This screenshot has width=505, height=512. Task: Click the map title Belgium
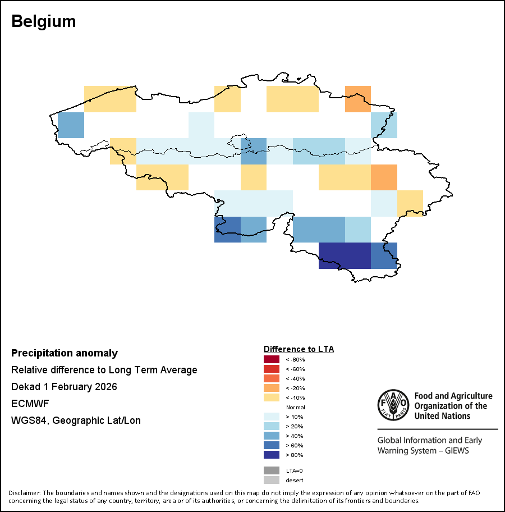[x=44, y=22]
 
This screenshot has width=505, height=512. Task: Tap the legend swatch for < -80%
[x=272, y=359]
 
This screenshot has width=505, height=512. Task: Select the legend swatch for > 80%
[x=272, y=455]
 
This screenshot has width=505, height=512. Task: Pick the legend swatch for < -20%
[x=272, y=388]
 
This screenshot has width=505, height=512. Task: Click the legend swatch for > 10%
[x=272, y=417]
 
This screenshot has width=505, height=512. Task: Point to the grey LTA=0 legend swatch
[x=272, y=470]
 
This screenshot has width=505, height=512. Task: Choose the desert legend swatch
[x=272, y=480]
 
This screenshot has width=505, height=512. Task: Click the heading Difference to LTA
[x=299, y=349]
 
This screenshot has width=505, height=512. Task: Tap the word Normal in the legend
[x=295, y=407]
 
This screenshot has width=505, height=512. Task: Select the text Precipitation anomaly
[x=65, y=353]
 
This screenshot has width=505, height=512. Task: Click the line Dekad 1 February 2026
[x=64, y=387]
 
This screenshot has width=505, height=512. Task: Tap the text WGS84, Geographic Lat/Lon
[x=76, y=420]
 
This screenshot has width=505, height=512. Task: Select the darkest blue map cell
[x=345, y=255]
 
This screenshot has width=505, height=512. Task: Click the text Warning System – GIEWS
[x=423, y=451]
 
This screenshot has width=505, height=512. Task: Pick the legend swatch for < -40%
[x=272, y=378]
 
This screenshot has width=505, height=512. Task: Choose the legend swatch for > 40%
[x=272, y=436]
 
